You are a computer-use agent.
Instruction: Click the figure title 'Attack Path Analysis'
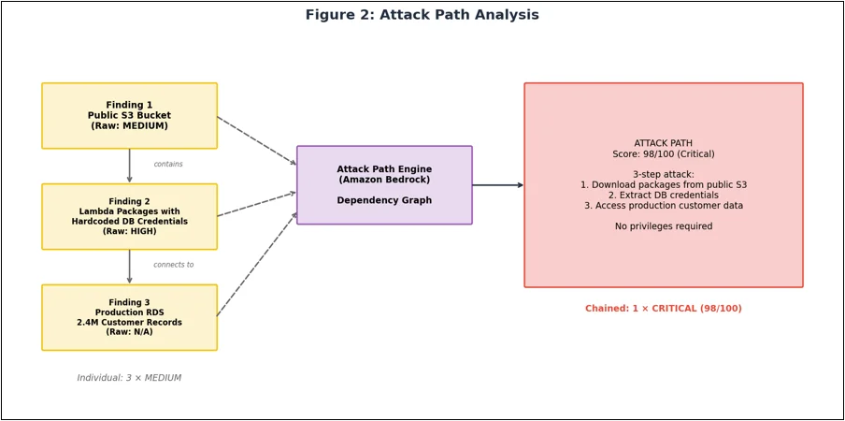tap(422, 15)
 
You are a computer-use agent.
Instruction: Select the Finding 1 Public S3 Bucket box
tap(129, 116)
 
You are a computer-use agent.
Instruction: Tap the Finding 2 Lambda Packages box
tap(129, 217)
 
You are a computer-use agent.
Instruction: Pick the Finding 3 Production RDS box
tap(129, 317)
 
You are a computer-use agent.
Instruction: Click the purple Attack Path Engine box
tap(384, 185)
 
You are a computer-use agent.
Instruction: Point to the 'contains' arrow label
tap(168, 164)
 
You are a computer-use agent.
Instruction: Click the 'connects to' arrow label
tap(174, 265)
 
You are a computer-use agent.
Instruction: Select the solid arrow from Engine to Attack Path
tap(498, 185)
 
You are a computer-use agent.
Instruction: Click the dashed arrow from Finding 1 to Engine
tap(257, 140)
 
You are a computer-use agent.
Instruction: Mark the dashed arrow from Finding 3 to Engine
tap(257, 264)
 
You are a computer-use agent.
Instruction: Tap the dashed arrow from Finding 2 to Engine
tap(257, 204)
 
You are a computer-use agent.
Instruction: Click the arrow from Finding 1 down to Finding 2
tap(129, 166)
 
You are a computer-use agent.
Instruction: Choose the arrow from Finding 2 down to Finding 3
tap(129, 267)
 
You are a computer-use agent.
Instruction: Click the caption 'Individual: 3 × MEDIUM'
tap(129, 378)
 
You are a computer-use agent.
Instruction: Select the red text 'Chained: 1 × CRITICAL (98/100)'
tap(664, 309)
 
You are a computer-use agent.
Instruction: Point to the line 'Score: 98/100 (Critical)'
tap(664, 153)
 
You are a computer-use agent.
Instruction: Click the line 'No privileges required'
tap(664, 226)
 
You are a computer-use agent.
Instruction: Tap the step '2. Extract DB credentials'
tap(664, 196)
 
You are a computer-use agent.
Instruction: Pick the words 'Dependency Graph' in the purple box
tap(384, 200)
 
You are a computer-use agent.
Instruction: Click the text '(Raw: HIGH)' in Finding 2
tap(129, 231)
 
